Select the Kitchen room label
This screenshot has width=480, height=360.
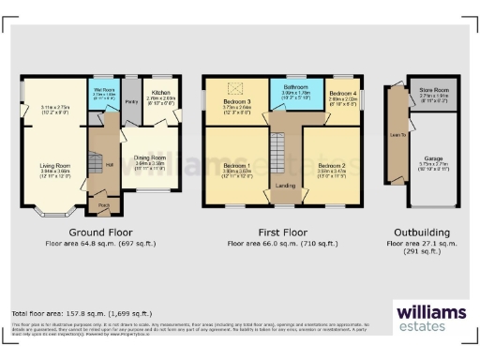click(161, 93)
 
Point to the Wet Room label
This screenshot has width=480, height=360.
click(103, 89)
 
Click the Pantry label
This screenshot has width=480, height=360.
click(131, 101)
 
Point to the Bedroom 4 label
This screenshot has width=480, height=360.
click(343, 93)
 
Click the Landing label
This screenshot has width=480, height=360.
click(286, 186)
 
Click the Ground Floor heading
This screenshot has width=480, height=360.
click(100, 232)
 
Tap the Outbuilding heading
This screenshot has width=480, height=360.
click(418, 232)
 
